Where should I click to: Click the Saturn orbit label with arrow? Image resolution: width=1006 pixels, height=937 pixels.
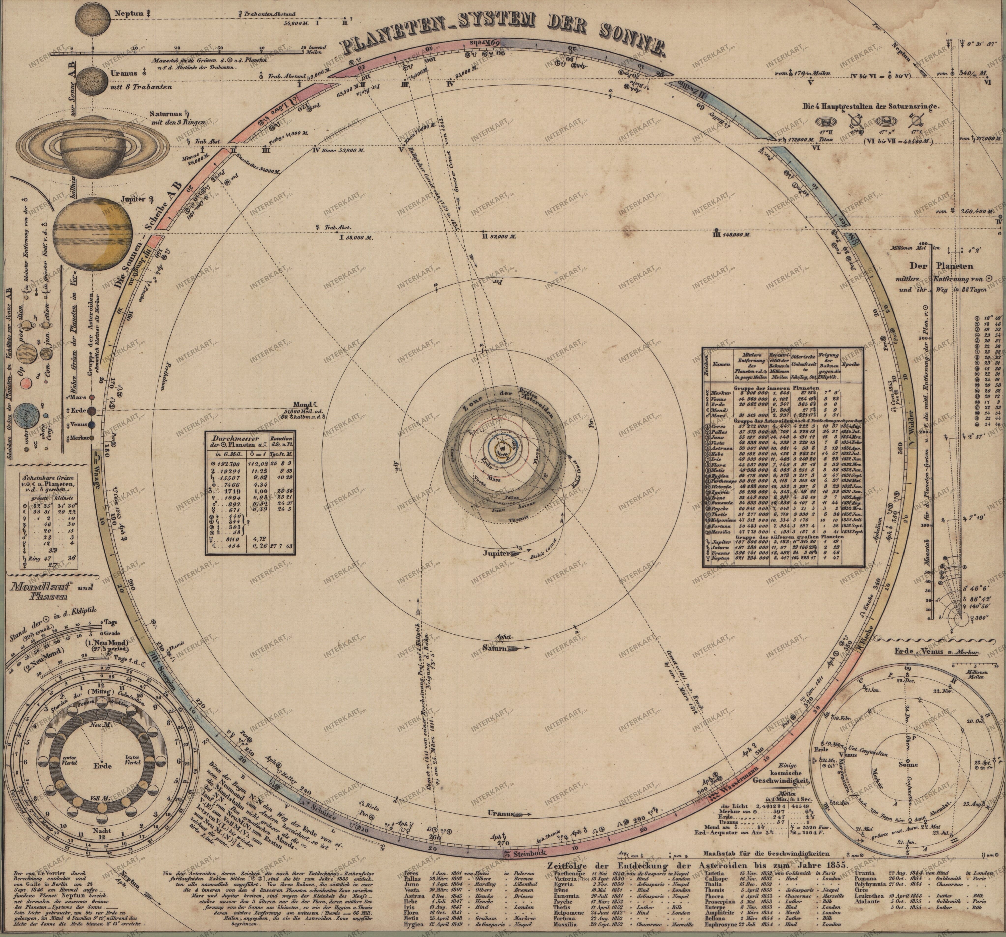(496, 649)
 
